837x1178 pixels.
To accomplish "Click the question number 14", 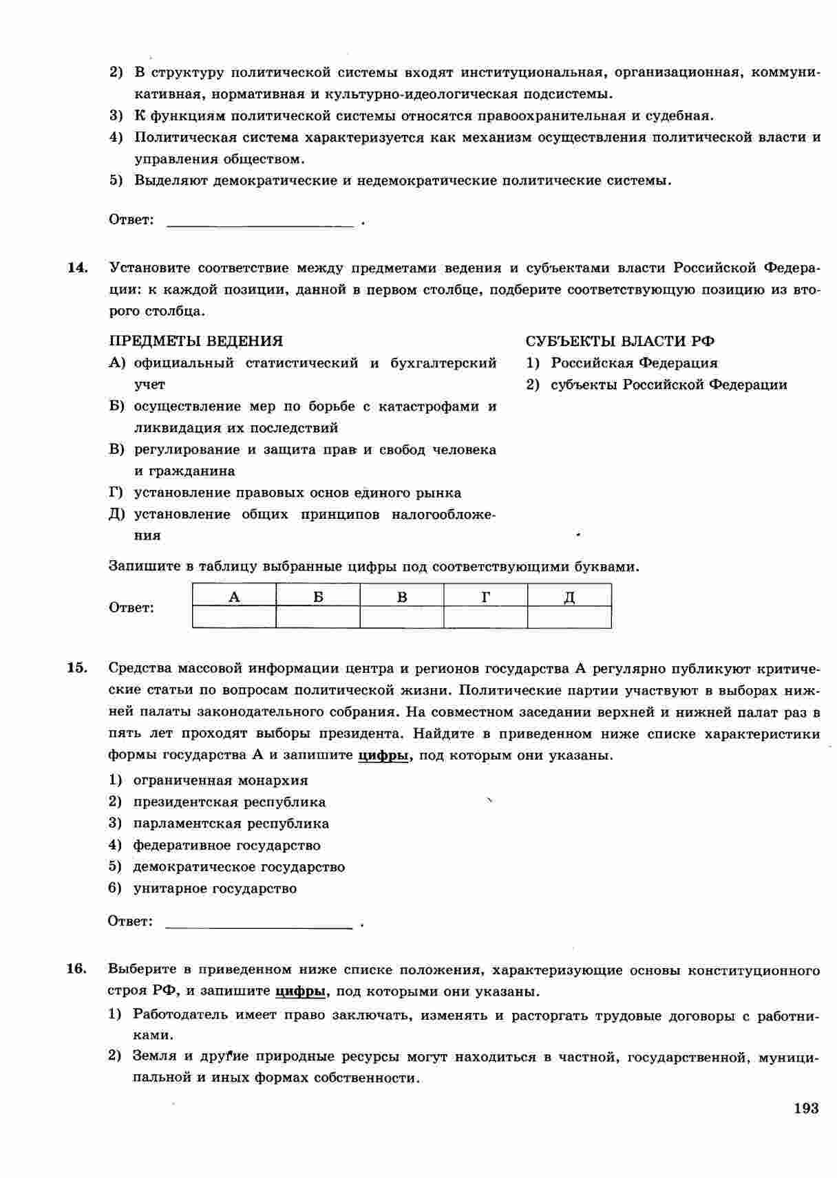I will coord(76,268).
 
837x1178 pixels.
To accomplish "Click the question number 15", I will coord(76,668).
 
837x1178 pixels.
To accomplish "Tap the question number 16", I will coord(76,970).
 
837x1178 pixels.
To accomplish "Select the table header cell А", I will coord(234,596).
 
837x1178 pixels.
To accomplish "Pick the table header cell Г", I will coord(485,596).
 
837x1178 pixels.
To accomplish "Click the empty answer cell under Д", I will coord(569,617).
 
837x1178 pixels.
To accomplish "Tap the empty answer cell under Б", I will coord(318,617).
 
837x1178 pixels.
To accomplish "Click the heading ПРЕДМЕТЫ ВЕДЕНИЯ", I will coord(195,341).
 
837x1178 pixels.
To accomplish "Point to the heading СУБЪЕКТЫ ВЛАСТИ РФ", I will coord(620,341).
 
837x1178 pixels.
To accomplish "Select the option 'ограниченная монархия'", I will coord(220,780).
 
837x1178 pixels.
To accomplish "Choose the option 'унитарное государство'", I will coord(215,888).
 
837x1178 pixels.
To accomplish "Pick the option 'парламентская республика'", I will coord(231,824).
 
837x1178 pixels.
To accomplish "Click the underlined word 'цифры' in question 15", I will coord(383,755).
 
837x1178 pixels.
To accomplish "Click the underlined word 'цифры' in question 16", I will coord(300,992).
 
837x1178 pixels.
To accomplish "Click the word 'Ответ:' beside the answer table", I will coord(131,608).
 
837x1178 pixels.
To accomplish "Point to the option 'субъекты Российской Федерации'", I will coord(668,385).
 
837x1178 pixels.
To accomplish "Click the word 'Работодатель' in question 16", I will coord(180,1014).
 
